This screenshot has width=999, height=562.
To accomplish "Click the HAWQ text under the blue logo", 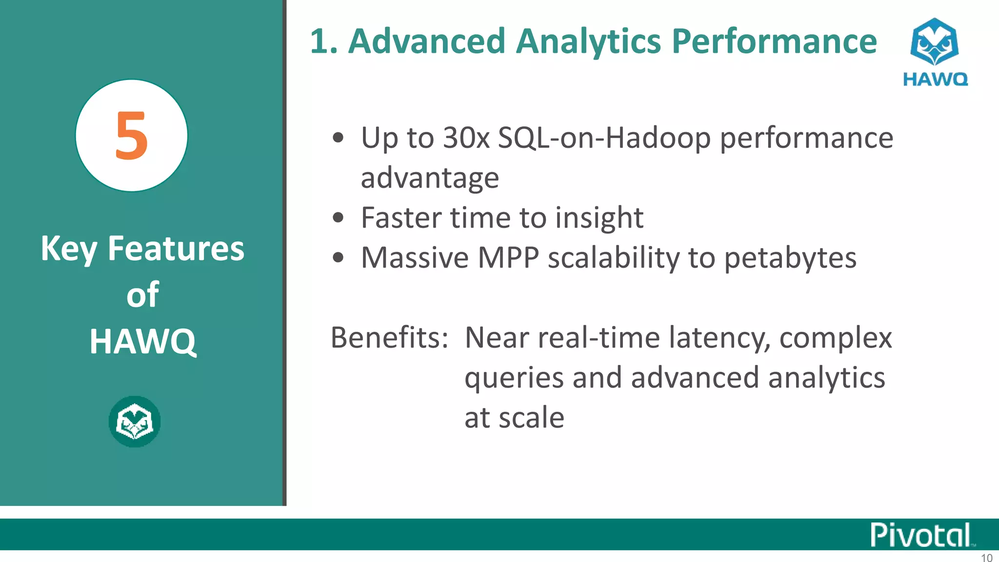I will point(935,80).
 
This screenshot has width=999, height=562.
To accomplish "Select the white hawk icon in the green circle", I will point(135,421).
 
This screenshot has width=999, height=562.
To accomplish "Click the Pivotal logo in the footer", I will point(921,535).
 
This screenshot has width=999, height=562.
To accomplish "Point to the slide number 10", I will point(986,558).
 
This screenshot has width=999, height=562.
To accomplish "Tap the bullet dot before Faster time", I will point(338,218).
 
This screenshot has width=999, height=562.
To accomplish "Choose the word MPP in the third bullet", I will point(508,258).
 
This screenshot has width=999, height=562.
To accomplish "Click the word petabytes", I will point(790,259).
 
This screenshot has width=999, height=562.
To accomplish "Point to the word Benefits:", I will point(389,338).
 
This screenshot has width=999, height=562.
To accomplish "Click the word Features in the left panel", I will point(176,249).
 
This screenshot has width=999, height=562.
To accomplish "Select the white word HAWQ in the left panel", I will point(142,341).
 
